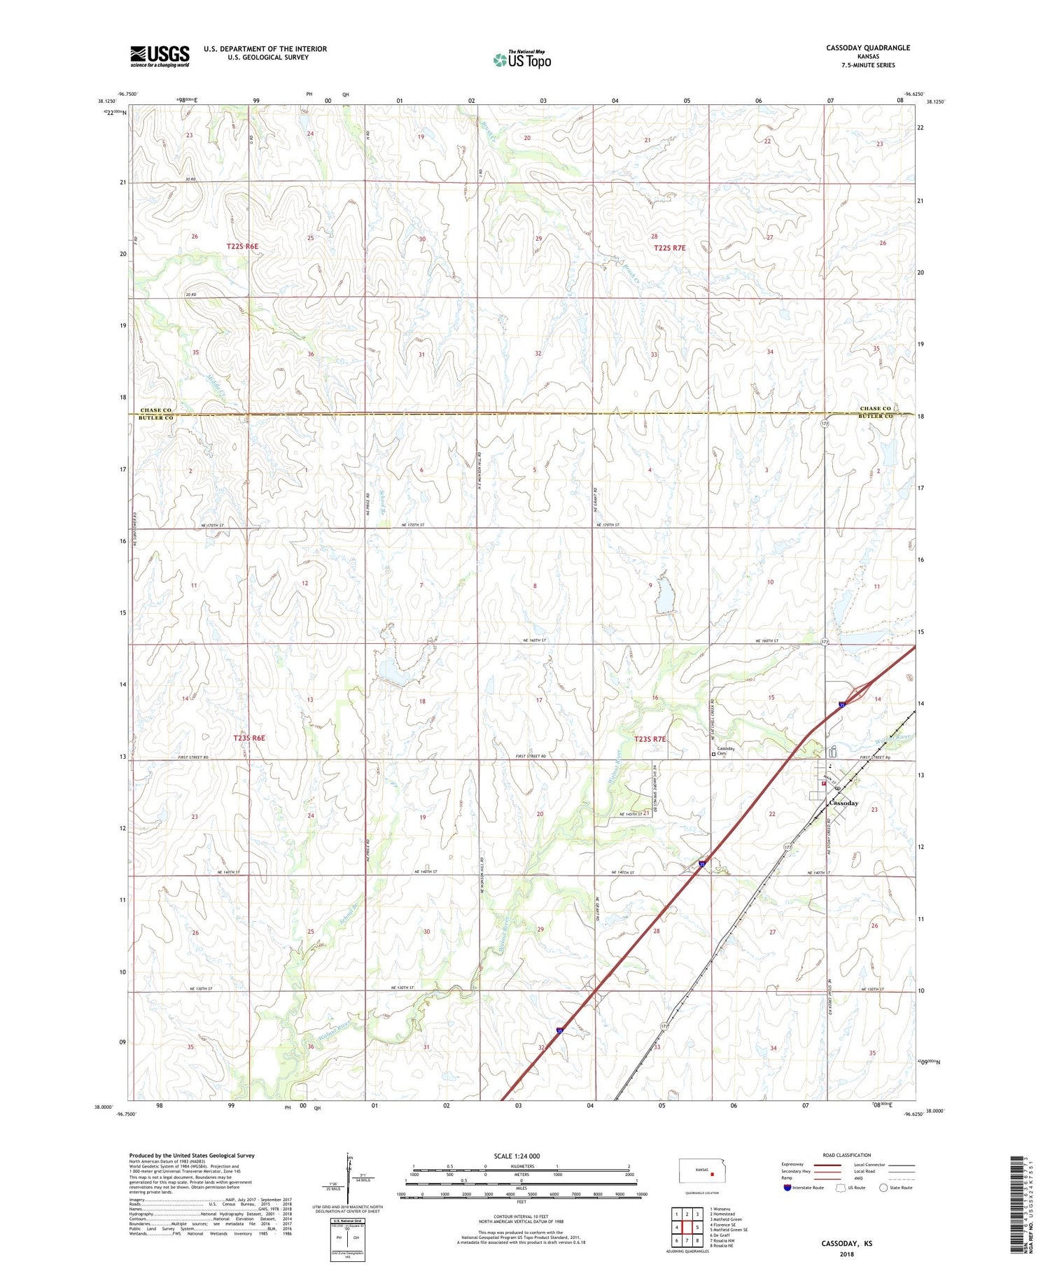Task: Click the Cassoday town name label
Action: (x=843, y=803)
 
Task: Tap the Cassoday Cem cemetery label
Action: (x=725, y=750)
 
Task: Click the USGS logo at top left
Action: (x=160, y=56)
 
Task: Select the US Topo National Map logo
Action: (x=521, y=59)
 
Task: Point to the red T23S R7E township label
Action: (x=650, y=739)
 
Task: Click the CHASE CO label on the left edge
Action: (x=155, y=410)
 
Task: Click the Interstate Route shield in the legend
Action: (x=787, y=1188)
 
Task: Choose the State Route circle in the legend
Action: (x=883, y=1188)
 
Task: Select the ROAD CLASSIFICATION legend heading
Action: (x=847, y=1155)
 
